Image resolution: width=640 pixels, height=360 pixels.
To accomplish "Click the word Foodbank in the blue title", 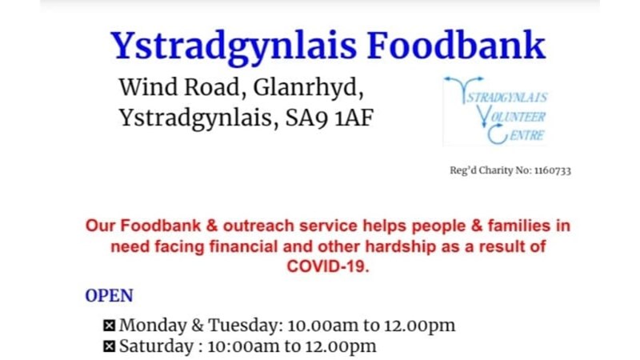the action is click(x=456, y=46).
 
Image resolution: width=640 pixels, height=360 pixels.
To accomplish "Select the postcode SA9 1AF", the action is click(x=330, y=118).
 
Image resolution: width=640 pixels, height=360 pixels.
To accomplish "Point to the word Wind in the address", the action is click(x=148, y=87).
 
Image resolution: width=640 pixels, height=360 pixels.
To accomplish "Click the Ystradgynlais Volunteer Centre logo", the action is click(x=495, y=110).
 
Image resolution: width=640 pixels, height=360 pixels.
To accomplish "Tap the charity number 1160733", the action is click(x=553, y=170).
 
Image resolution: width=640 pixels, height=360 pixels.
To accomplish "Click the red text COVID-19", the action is click(x=328, y=266).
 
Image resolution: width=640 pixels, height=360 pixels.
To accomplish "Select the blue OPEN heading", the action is click(x=109, y=295).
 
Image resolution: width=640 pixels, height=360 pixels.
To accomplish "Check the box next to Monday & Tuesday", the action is click(x=109, y=326).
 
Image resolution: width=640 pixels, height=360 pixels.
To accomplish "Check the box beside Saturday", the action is click(x=109, y=346).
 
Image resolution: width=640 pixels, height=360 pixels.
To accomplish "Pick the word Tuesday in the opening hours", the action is click(x=246, y=325).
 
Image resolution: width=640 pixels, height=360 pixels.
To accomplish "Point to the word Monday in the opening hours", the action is click(x=153, y=326).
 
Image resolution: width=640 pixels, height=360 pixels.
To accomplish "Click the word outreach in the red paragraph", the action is click(x=258, y=226).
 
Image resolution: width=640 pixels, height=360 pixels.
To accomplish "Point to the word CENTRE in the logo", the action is click(x=527, y=135).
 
